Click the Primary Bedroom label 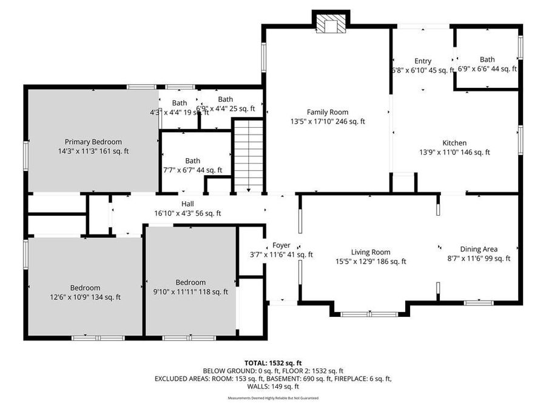point(93,142)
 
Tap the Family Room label point(327,112)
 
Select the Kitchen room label point(454,143)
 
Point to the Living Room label point(371,252)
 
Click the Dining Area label point(479,249)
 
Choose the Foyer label point(281,245)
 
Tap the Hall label point(187,205)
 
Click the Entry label point(423,61)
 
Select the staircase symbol point(248,155)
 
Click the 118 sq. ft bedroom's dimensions point(190,291)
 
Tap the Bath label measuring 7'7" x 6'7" point(193,161)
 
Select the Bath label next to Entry point(487,59)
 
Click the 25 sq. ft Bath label point(225,99)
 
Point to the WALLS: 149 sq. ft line point(272,387)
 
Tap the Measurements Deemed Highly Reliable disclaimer point(272,398)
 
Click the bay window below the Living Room point(369,314)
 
